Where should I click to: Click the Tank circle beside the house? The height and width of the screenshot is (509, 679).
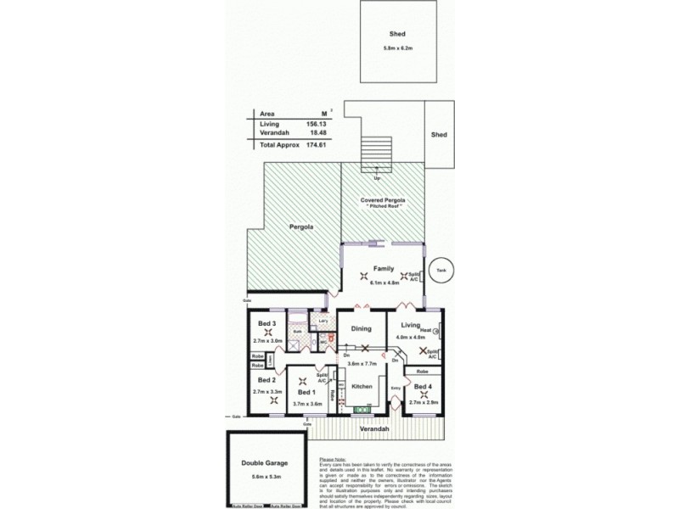tap(440, 271)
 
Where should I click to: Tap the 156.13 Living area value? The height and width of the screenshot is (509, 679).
tap(317, 124)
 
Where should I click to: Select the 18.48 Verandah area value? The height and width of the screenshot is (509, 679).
tap(318, 133)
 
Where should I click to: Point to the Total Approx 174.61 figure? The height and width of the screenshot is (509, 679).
tap(317, 146)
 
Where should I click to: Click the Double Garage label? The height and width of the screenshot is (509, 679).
tap(263, 463)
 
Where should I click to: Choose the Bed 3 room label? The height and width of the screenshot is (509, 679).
tap(267, 323)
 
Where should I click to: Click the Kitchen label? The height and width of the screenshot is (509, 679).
tap(362, 386)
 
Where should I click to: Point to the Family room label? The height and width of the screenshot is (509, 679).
tap(384, 268)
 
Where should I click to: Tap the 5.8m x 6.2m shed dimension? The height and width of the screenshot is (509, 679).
tap(397, 48)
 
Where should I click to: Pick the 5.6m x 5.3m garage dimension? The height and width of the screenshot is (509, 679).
tap(263, 478)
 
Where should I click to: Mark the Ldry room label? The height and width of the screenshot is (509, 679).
tap(322, 322)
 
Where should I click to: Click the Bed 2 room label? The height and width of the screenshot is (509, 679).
tap(267, 380)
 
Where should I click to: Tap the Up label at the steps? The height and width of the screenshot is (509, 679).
tap(377, 179)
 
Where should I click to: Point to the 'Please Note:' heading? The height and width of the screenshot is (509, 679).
tap(333, 459)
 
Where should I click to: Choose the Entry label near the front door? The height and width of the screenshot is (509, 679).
tap(396, 389)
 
